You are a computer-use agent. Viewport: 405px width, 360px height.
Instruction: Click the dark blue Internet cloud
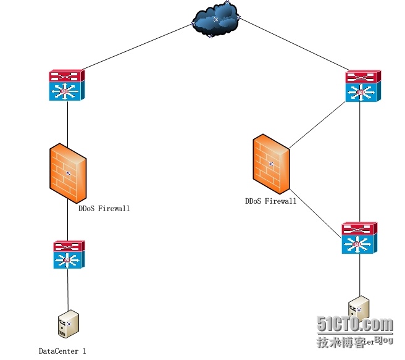pos(215,20)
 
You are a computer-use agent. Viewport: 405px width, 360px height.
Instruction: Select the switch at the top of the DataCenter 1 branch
pos(67,85)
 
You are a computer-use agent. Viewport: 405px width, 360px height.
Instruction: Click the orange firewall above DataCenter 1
pos(67,172)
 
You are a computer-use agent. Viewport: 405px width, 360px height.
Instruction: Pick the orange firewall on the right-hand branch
pos(270,164)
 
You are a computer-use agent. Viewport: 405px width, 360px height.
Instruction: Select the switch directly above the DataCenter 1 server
pos(68,254)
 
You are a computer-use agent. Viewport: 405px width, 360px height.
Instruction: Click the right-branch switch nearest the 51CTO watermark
pos(359,238)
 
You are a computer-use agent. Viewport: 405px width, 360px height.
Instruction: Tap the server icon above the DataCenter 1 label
pos(67,324)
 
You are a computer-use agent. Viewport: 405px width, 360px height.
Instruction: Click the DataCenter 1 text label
pos(62,351)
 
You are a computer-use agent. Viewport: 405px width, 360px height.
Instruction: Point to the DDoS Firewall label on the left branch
pos(104,209)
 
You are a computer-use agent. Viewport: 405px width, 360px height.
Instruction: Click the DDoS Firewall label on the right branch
pos(270,201)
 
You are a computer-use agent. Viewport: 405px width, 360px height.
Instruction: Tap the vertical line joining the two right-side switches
pos(360,161)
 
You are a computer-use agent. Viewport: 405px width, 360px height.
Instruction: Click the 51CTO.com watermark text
pos(354,324)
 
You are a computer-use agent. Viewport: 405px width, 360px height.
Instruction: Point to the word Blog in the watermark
pos(383,340)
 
